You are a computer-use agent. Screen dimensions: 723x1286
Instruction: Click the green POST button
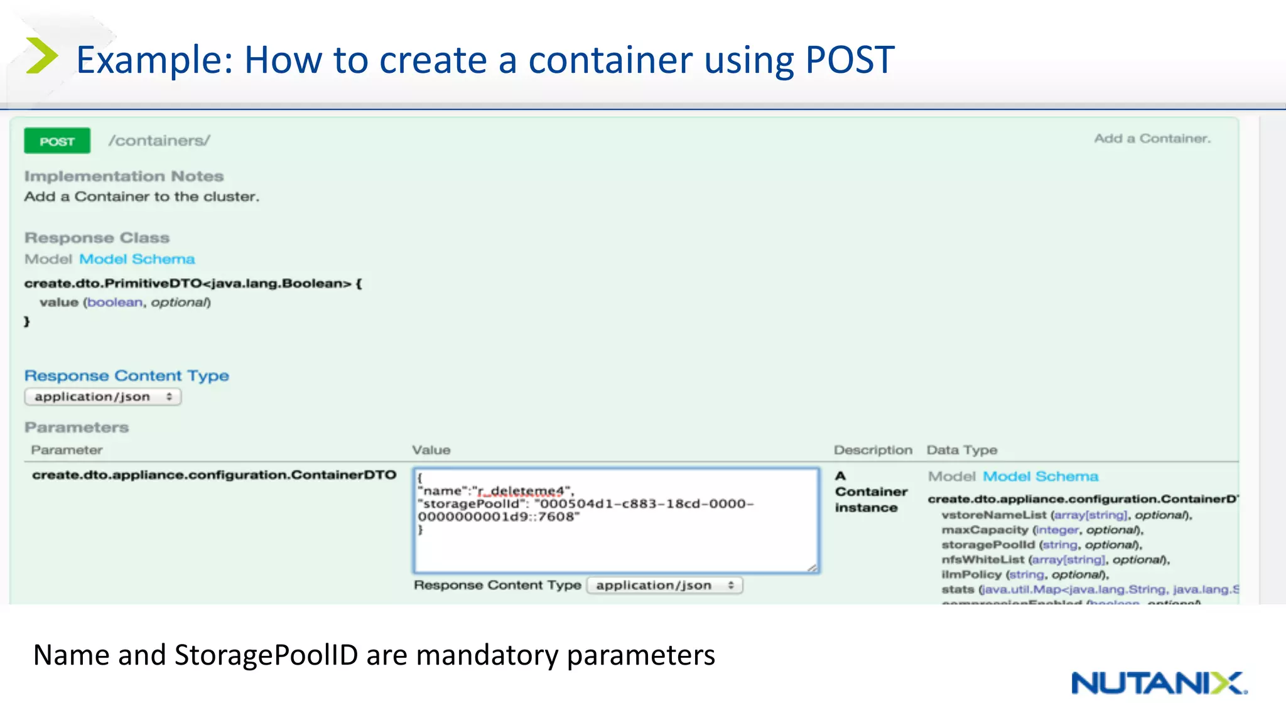point(57,141)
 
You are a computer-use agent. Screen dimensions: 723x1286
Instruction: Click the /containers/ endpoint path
point(159,141)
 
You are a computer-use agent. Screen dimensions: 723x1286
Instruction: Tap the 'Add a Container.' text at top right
point(1152,139)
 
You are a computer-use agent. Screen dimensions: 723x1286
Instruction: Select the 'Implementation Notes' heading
point(124,176)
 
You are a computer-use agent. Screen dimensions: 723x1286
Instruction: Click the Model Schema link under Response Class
point(137,259)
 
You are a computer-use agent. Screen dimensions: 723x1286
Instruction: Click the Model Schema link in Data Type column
point(1040,476)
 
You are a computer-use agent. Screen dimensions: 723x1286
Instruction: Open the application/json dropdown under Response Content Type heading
point(103,397)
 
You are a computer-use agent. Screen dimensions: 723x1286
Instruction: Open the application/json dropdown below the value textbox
point(664,586)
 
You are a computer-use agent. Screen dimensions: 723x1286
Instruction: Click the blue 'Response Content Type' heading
point(126,376)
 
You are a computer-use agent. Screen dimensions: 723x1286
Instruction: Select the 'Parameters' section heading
point(77,427)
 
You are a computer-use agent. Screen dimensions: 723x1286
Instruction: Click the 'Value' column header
point(431,450)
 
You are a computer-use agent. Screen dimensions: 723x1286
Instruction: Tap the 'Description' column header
point(872,450)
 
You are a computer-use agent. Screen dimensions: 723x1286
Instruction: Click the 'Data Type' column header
point(961,450)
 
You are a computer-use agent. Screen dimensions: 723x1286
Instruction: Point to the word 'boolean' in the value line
point(115,303)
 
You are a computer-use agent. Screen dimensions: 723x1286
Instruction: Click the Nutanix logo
point(1159,683)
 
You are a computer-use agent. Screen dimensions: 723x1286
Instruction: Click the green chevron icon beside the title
point(41,56)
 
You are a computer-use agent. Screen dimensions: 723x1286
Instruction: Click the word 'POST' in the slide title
point(850,60)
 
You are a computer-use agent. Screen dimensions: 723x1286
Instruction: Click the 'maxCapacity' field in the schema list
point(985,530)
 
